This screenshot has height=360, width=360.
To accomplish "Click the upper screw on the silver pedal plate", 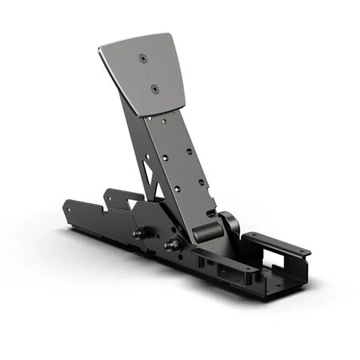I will (142, 58).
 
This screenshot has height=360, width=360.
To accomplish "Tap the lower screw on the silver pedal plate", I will (154, 89).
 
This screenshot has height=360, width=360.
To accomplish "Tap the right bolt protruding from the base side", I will (170, 243).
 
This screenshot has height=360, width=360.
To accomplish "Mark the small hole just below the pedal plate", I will (164, 122).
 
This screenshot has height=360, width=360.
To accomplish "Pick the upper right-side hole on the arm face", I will (190, 150).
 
